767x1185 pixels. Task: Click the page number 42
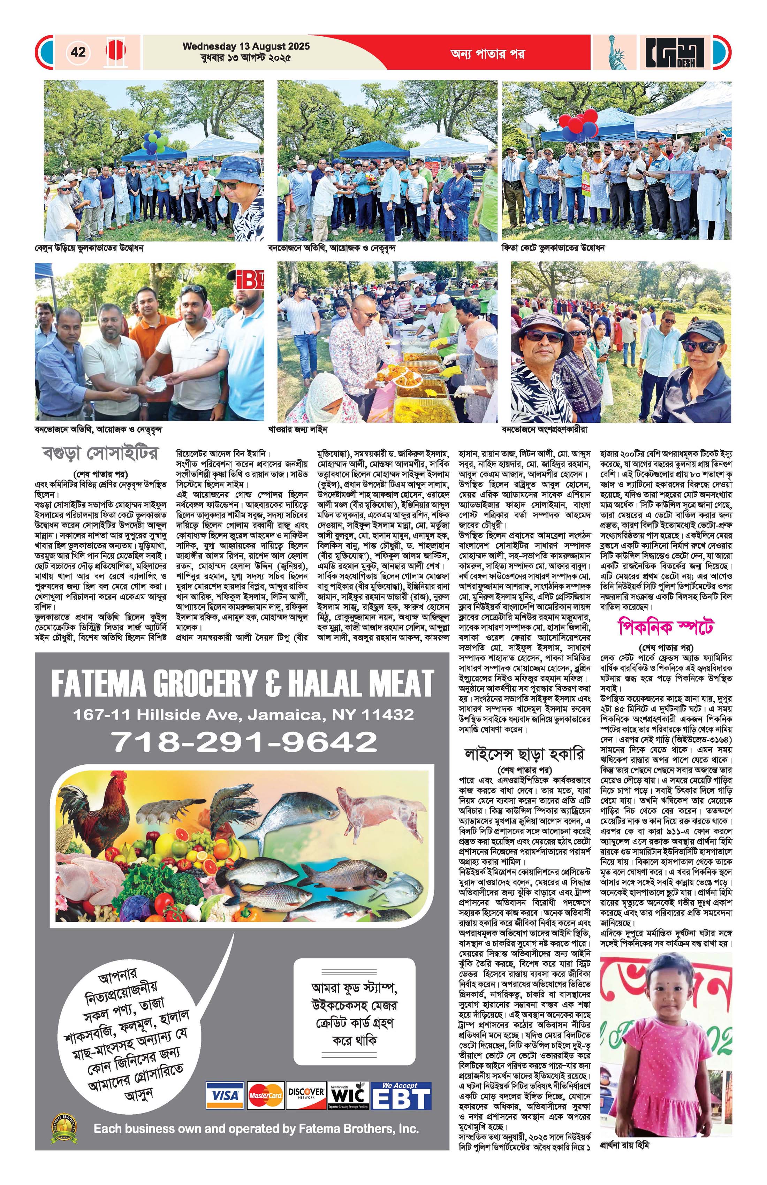78,52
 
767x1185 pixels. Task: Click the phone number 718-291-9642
244,742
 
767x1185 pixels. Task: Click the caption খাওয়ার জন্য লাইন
297,429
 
